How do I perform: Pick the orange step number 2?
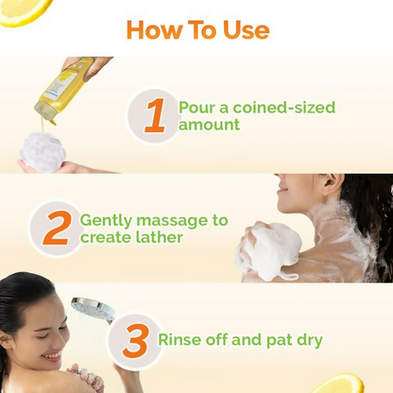click(x=56, y=228)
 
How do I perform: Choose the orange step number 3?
click(x=136, y=340)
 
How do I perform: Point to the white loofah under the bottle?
click(x=43, y=151)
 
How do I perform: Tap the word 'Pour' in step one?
click(x=196, y=107)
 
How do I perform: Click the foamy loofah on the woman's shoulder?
click(x=270, y=249)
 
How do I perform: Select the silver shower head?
click(x=93, y=309)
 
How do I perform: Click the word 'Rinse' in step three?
click(x=180, y=339)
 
